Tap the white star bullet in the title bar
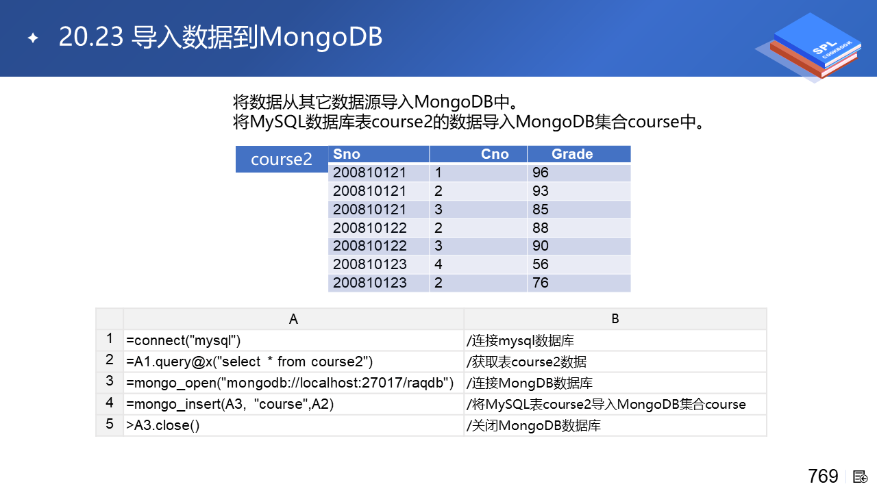pos(34,38)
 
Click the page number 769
pos(823,476)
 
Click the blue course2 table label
pos(282,160)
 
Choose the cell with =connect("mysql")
pos(293,340)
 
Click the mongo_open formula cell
pos(293,383)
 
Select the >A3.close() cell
pos(293,425)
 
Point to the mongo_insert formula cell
pos(293,404)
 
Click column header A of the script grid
pos(293,319)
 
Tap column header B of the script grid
pos(615,319)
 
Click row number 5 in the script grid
pos(110,424)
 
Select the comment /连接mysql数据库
pos(520,341)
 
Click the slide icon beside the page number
pos(860,477)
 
